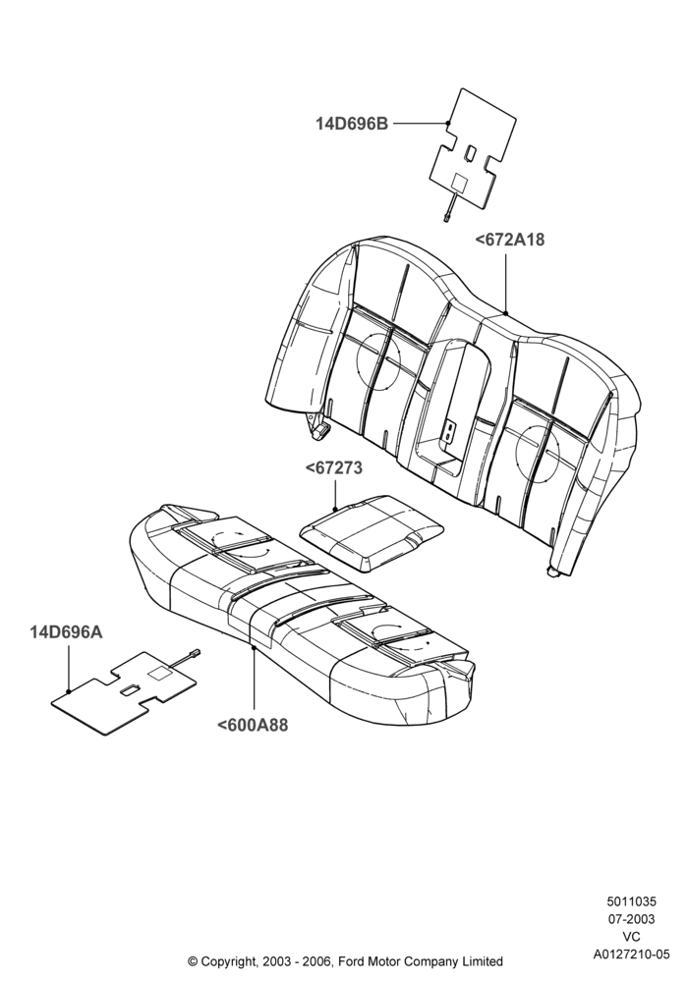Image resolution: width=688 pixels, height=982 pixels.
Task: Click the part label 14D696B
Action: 352,124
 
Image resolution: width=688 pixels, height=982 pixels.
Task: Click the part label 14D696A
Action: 67,632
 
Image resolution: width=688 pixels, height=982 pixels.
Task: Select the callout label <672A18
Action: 510,240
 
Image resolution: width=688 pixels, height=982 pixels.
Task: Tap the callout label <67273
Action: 334,468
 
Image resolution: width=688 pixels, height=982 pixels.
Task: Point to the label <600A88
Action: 253,726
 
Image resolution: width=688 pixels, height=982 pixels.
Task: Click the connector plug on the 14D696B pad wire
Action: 445,216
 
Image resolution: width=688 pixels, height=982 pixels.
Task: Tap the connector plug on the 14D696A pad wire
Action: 195,652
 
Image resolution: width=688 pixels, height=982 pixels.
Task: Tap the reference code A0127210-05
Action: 631,955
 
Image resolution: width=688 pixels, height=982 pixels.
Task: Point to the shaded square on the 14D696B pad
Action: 461,183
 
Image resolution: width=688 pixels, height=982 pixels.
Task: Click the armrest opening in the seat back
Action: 454,401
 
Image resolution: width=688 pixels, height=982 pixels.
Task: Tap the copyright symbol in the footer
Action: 193,961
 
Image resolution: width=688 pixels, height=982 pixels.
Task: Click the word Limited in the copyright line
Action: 484,960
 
